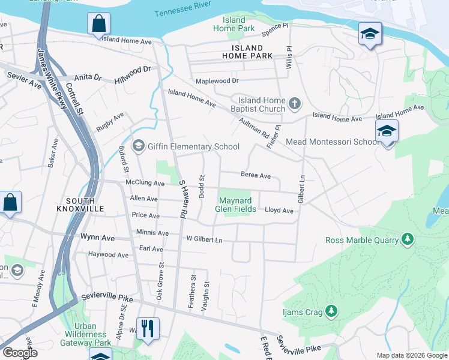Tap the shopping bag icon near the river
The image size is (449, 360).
click(98, 25)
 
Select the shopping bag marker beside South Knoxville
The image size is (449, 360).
click(10, 203)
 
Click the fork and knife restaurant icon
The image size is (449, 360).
click(148, 329)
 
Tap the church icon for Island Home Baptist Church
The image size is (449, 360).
click(294, 104)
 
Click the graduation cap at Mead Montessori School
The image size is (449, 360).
click(387, 131)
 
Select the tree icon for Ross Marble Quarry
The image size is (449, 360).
click(408, 240)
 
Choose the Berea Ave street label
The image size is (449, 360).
click(256, 175)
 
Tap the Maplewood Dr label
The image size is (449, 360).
click(217, 80)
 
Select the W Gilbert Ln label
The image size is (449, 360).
click(204, 240)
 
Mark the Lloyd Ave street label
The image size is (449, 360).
click(279, 211)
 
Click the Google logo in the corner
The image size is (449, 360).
click(20, 353)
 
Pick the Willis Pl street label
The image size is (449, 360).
click(289, 58)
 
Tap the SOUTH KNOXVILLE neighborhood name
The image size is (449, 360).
click(85, 205)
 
